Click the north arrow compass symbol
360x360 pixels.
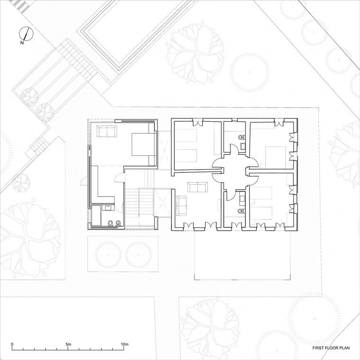click(26, 34)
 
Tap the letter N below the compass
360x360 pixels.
click(22, 43)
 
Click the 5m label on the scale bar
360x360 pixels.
click(68, 344)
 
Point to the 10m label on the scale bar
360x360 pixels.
click(125, 344)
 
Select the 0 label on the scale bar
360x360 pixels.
click(12, 344)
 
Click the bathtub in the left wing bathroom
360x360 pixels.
click(96, 216)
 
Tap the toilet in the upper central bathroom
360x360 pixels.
click(241, 137)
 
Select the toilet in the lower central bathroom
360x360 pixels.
click(241, 211)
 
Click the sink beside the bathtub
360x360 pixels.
click(108, 207)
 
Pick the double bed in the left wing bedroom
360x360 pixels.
click(144, 144)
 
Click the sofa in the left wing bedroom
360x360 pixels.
click(107, 131)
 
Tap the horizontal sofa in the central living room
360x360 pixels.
click(198, 187)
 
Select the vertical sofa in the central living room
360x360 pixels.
click(181, 206)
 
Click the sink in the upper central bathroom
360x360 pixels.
click(243, 146)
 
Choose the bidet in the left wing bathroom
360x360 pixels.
click(118, 223)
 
